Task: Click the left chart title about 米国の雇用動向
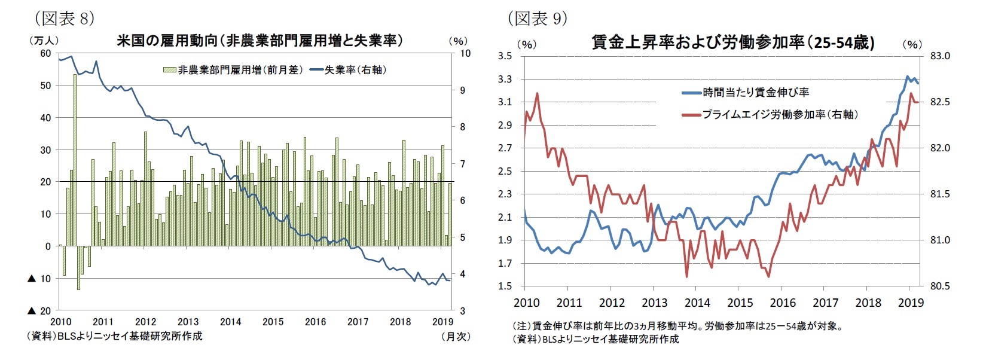[259, 41]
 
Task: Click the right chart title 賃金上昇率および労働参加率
[733, 42]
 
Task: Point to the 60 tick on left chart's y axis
[45, 53]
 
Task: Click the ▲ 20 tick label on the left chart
[39, 311]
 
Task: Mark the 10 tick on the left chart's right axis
[465, 53]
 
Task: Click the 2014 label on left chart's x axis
[230, 322]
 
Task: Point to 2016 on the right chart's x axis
[783, 303]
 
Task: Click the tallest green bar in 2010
[75, 160]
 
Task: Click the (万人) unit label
[43, 41]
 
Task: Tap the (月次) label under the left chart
[455, 336]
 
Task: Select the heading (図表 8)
[65, 19]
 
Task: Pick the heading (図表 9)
[537, 19]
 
